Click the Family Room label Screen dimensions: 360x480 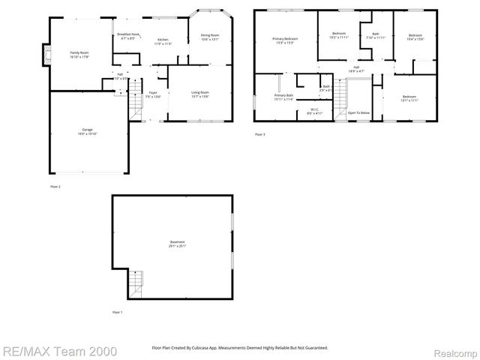(x=79, y=52)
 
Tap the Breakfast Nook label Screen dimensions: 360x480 (x=127, y=34)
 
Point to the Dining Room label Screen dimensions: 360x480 (x=209, y=35)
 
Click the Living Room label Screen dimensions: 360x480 (x=200, y=92)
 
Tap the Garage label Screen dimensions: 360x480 (x=88, y=130)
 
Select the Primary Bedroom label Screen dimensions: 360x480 (x=285, y=39)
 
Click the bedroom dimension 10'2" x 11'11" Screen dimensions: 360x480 (x=339, y=37)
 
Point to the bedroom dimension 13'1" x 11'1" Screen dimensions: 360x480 (x=408, y=100)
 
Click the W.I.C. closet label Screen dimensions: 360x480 (x=315, y=109)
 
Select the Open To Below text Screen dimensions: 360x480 (x=358, y=112)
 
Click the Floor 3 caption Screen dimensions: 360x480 (x=259, y=134)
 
